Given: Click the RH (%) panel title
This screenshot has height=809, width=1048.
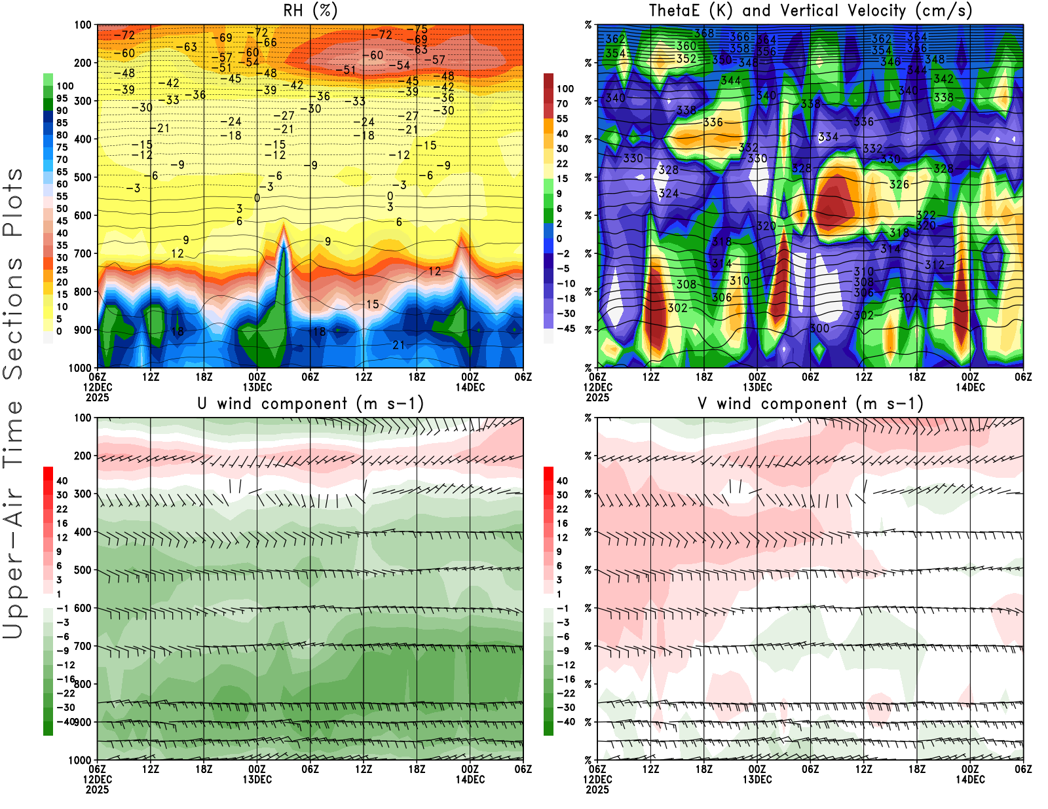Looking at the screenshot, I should click(x=310, y=10).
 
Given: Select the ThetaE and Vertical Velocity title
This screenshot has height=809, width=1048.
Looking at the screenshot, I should click(x=810, y=10).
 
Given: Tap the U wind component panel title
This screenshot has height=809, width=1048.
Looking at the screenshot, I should click(x=310, y=403).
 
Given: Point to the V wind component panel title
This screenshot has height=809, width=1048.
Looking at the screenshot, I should click(x=810, y=403).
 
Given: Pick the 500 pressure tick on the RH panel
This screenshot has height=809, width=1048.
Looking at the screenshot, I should click(x=83, y=177).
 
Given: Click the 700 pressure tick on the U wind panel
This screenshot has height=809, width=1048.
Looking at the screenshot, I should click(x=83, y=647).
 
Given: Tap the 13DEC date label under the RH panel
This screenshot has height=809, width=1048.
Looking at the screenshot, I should click(x=257, y=387).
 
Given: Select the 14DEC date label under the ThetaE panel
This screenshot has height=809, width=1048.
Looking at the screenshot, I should click(x=970, y=387).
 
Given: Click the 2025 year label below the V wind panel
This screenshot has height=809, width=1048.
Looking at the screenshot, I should click(x=597, y=789).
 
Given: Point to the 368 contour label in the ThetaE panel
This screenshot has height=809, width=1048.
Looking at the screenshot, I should click(x=704, y=33).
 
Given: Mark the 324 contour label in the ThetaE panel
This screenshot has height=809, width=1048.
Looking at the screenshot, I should click(x=669, y=194).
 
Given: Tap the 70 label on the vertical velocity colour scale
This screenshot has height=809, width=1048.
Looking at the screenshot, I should click(x=562, y=103).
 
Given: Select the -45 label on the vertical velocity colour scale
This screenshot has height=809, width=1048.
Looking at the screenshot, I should click(x=565, y=329).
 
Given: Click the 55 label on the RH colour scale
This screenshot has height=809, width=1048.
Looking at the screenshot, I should click(x=62, y=196).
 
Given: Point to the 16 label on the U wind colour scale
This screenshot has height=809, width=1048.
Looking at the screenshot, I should click(x=62, y=524).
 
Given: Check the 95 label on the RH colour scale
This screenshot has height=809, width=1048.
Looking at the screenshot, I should click(x=62, y=98).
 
